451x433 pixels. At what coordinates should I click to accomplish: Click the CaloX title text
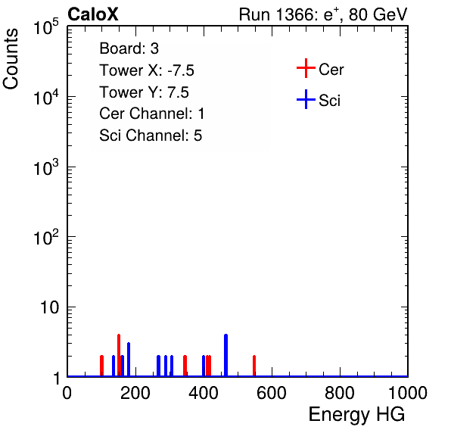pos(93,14)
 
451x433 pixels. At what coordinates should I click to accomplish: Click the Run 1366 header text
pos(323,14)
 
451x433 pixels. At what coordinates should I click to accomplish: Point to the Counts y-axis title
pos(11,59)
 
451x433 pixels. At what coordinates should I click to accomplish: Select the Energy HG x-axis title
pos(356,415)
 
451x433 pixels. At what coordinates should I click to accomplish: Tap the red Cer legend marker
pos(306,68)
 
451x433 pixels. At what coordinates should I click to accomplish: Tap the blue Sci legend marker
pos(306,100)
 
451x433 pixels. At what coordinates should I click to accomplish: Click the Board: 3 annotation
pos(129,48)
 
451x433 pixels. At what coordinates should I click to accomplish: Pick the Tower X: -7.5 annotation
pos(147,70)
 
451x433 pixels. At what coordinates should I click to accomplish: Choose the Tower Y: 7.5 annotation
pos(144,92)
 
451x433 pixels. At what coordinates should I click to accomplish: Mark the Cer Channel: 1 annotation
pos(152,114)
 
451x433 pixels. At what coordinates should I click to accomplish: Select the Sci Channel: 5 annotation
pos(151,136)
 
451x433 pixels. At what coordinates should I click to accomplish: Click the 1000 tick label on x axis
pos(408,393)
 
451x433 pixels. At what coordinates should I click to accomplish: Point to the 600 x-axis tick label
pos(272,393)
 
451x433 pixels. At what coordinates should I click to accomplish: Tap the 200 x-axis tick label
pos(135,393)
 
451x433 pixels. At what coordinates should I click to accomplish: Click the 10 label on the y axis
pos(50,307)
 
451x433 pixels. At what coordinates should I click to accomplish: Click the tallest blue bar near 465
pos(225,355)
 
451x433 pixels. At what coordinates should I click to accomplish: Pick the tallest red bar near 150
pos(119,355)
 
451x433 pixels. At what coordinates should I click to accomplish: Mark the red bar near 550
pos(254,366)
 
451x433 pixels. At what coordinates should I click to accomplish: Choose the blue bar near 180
pos(129,360)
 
